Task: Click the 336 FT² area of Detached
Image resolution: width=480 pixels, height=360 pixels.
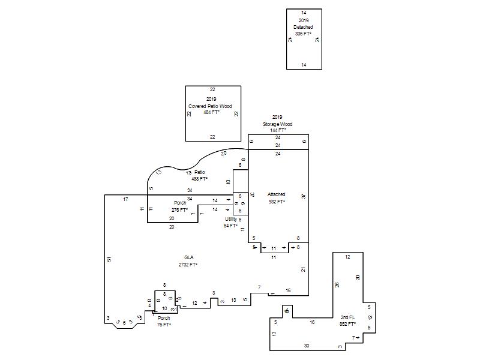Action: (x=303, y=34)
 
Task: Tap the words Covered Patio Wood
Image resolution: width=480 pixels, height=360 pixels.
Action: (x=210, y=106)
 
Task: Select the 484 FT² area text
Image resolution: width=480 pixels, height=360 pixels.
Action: (x=211, y=112)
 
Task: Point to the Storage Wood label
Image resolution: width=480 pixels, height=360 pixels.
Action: (x=277, y=124)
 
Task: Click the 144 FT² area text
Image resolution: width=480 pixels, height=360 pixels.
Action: (x=277, y=130)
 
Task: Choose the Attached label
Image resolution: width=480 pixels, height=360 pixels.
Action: (x=277, y=194)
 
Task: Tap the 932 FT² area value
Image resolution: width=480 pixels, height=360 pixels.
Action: (x=277, y=202)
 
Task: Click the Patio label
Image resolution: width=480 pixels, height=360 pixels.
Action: (x=200, y=172)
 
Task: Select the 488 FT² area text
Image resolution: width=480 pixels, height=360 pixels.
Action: (x=199, y=179)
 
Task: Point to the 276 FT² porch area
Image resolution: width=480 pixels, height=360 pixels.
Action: (x=180, y=210)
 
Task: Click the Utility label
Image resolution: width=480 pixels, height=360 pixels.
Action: (x=231, y=219)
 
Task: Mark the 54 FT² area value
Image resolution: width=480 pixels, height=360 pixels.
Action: (x=231, y=226)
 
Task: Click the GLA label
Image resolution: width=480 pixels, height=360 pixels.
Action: (x=189, y=257)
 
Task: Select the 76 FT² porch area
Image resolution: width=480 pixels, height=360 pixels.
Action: (x=164, y=325)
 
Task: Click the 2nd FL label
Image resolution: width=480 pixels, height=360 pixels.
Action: (x=347, y=317)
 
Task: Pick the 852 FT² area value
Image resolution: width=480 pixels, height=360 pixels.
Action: (x=347, y=324)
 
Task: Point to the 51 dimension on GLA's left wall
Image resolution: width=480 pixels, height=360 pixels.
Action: (x=109, y=259)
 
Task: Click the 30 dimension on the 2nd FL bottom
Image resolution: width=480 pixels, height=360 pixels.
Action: (x=307, y=346)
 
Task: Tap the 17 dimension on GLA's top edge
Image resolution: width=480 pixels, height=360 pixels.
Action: (x=126, y=199)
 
